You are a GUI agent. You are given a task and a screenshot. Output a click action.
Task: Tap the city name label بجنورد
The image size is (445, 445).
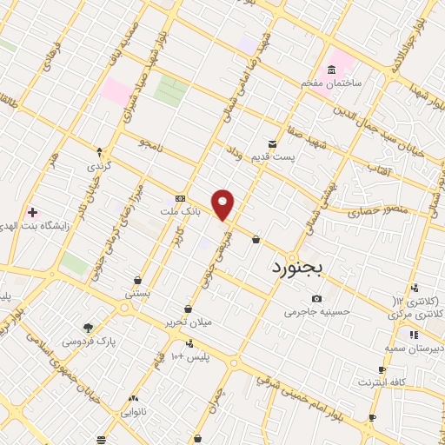click(297, 269)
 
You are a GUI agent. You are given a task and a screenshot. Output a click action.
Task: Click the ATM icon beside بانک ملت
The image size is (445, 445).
click(180, 197)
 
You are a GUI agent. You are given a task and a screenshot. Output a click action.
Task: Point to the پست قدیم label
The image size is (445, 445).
click(294, 158)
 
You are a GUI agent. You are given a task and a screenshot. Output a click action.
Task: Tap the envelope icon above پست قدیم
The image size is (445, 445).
click(273, 143)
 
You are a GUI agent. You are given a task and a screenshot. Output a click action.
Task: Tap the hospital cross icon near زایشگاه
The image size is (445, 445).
click(32, 212)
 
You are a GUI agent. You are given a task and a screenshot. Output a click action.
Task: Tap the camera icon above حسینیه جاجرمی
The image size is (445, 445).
click(316, 298)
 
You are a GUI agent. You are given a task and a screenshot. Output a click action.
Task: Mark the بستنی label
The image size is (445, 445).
click(137, 294)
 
